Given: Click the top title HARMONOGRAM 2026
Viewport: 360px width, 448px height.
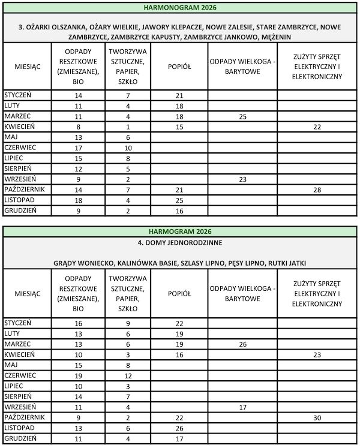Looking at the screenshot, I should [x=181, y=8].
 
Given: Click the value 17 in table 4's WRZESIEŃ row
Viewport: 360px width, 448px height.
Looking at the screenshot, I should [x=242, y=406].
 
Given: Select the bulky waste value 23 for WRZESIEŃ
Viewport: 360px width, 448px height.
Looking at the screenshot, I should [x=242, y=179].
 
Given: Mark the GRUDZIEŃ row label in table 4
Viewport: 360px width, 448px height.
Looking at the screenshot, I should [x=20, y=438].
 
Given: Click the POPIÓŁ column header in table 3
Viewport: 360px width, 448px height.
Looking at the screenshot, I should [x=179, y=67].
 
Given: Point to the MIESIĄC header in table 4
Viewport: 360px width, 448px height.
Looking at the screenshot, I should [x=27, y=294].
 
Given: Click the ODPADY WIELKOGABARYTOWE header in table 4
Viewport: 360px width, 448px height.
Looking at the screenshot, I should [x=242, y=294].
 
